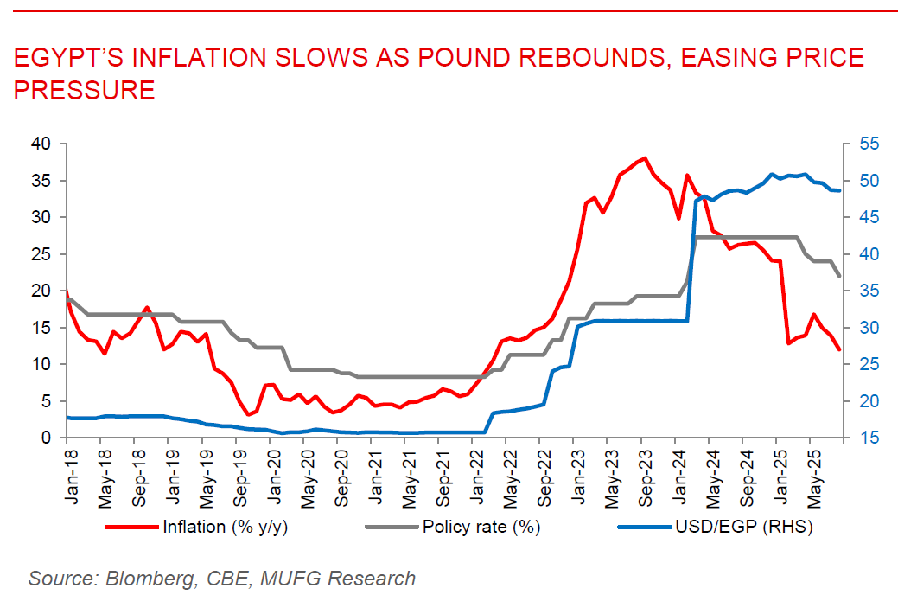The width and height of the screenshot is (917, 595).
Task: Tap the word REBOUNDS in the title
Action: point(569,59)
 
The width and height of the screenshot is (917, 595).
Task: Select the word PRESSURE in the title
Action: point(84,89)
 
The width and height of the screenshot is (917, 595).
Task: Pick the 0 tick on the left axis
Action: point(47,438)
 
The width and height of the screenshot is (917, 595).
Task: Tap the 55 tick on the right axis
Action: point(864,143)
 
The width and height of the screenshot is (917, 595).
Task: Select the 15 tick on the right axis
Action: point(864,438)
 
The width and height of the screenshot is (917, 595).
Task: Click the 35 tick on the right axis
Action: point(864,291)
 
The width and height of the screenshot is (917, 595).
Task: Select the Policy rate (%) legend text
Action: point(482,526)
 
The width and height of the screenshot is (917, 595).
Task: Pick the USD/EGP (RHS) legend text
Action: point(742,526)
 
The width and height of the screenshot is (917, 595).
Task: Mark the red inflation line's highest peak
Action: point(644,158)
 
